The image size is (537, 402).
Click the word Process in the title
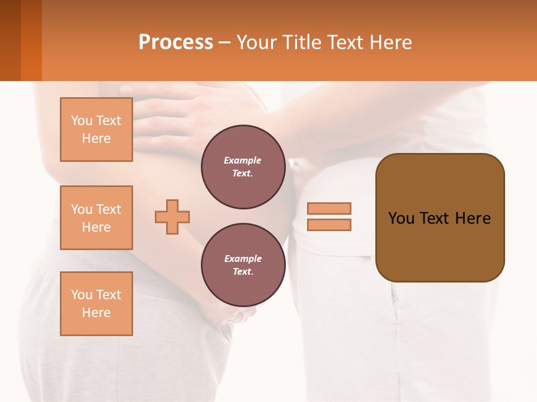pyautogui.click(x=176, y=42)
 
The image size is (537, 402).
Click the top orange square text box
pyautogui.click(x=96, y=130)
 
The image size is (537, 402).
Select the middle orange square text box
pyautogui.click(x=96, y=218)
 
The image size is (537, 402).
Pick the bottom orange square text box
pyautogui.click(x=96, y=304)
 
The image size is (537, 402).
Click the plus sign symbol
pyautogui.click(x=172, y=217)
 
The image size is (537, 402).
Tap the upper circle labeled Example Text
pyautogui.click(x=243, y=167)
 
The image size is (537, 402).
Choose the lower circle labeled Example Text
pyautogui.click(x=243, y=265)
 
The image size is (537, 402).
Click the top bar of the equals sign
pyautogui.click(x=329, y=208)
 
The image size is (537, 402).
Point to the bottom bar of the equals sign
pyautogui.click(x=329, y=225)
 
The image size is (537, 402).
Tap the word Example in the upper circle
pyautogui.click(x=243, y=161)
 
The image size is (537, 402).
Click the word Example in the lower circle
pyautogui.click(x=243, y=259)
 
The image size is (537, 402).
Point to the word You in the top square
pyautogui.click(x=82, y=121)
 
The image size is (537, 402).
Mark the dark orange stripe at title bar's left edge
pyautogui.click(x=31, y=40)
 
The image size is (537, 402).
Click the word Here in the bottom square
pyautogui.click(x=96, y=313)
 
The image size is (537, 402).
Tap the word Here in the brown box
pyautogui.click(x=473, y=218)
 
